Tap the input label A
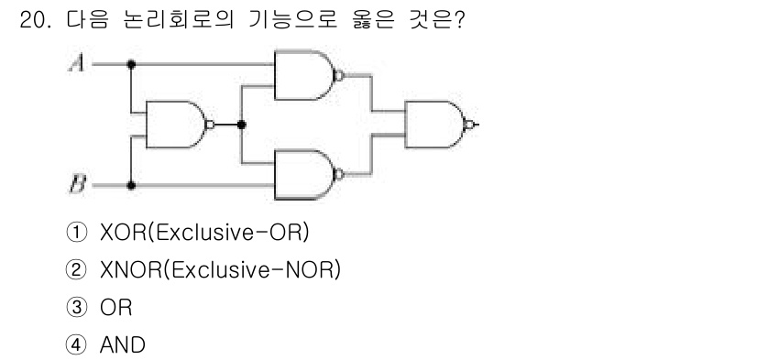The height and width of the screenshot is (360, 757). pos(77,64)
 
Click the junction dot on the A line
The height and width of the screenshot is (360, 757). pos(132,64)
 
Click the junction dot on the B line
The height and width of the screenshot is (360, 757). pos(132,185)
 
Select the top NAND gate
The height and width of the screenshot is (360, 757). pos(306,75)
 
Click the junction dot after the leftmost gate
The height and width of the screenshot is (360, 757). pos(240,125)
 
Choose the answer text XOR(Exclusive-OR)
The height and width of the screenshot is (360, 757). pos(203,234)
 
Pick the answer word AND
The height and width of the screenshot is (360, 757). pos(123,345)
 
